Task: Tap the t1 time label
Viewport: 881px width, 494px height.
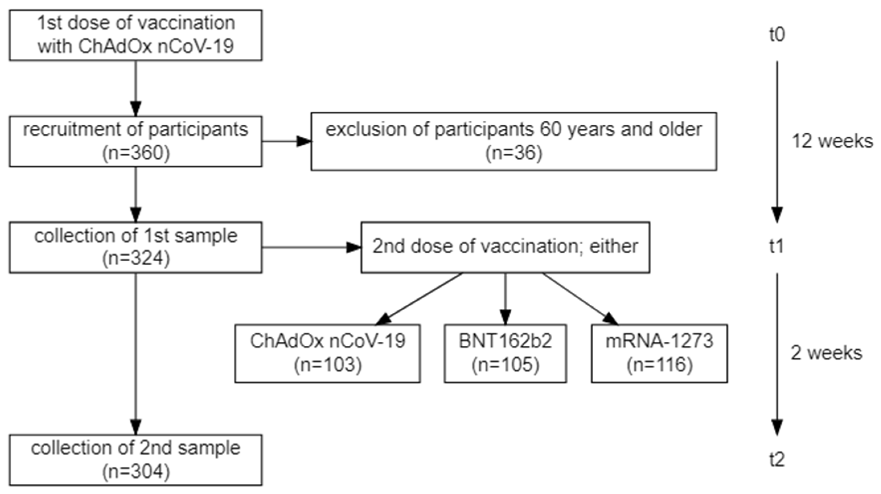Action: click(x=777, y=246)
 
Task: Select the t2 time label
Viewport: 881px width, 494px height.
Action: click(x=777, y=460)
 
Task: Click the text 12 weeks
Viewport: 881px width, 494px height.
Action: click(x=832, y=141)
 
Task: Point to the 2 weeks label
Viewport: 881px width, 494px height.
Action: click(x=826, y=353)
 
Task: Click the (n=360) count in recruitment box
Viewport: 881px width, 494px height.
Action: click(x=136, y=153)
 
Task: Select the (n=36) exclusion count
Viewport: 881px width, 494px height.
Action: click(x=514, y=153)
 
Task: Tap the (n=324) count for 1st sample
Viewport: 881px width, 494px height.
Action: click(x=136, y=258)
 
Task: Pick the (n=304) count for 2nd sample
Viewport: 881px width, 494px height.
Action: click(x=136, y=472)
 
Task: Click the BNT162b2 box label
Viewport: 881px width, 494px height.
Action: click(x=505, y=341)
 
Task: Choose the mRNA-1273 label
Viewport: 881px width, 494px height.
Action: click(x=659, y=341)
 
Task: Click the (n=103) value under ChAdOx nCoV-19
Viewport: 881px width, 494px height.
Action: click(x=328, y=365)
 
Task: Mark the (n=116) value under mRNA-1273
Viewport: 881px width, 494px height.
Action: click(x=659, y=365)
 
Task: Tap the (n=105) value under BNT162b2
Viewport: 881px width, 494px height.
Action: click(x=505, y=365)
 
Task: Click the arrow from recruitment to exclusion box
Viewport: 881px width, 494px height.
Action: click(x=287, y=141)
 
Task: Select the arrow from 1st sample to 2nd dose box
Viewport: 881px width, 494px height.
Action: click(x=311, y=247)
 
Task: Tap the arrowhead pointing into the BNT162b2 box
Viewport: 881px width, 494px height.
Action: click(x=506, y=317)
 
